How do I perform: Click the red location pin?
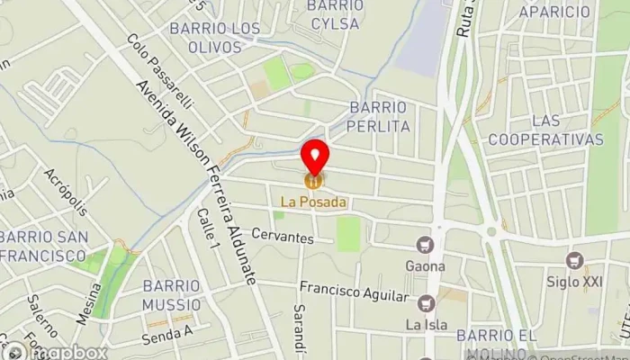[x=314, y=155]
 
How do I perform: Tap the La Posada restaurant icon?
[x=314, y=182]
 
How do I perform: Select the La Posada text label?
[x=314, y=202]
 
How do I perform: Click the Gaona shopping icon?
[x=424, y=245]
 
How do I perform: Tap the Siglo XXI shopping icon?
[x=574, y=260]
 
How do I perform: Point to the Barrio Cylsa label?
[x=335, y=14]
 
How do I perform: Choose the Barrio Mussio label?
[x=171, y=295]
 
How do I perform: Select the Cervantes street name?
[x=282, y=238]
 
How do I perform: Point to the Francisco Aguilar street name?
[x=354, y=294]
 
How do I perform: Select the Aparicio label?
[x=554, y=12]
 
